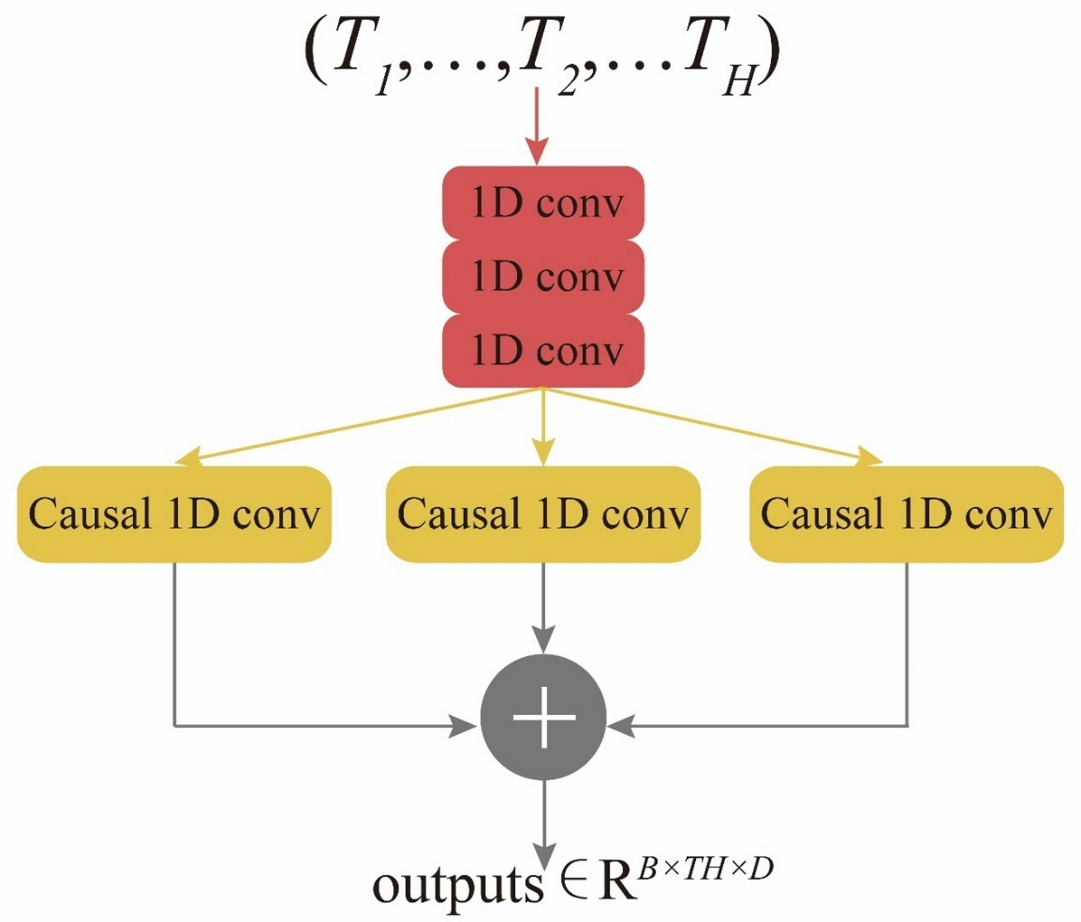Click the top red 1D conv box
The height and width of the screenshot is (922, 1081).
pos(543,203)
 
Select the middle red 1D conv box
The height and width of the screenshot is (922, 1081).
pos(543,277)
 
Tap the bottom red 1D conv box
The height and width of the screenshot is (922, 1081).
pos(543,351)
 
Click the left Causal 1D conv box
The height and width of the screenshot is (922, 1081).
pos(174,514)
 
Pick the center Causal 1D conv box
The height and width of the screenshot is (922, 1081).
pos(543,514)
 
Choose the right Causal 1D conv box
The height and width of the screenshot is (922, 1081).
pos(906,514)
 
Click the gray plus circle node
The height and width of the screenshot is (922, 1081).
pos(543,717)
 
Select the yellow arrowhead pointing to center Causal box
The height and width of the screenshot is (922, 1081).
pos(543,453)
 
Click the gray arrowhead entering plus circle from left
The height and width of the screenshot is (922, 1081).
pos(464,726)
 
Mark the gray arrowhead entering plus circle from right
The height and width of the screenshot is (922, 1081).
pos(622,726)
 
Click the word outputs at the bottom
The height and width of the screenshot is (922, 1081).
pos(457,886)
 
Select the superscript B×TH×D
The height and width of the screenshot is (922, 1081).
pos(705,870)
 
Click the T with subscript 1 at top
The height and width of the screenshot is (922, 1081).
pos(357,55)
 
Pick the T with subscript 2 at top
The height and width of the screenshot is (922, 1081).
pos(543,55)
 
